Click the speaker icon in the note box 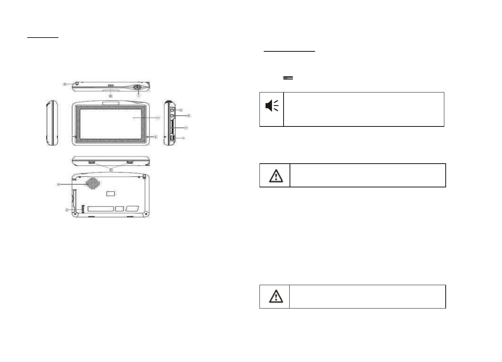tap(272, 106)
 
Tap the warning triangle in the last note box tap(276, 296)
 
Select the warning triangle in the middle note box tap(276, 175)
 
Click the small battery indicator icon tap(288, 78)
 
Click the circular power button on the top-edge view tap(137, 87)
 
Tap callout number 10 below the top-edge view tap(110, 96)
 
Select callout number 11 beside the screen tap(158, 118)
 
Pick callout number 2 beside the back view tap(67, 210)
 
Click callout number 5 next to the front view tap(155, 137)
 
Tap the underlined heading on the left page tap(43, 36)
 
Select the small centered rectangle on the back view tap(111, 193)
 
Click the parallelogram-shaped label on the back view tap(132, 209)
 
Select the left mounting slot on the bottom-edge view tap(92, 162)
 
